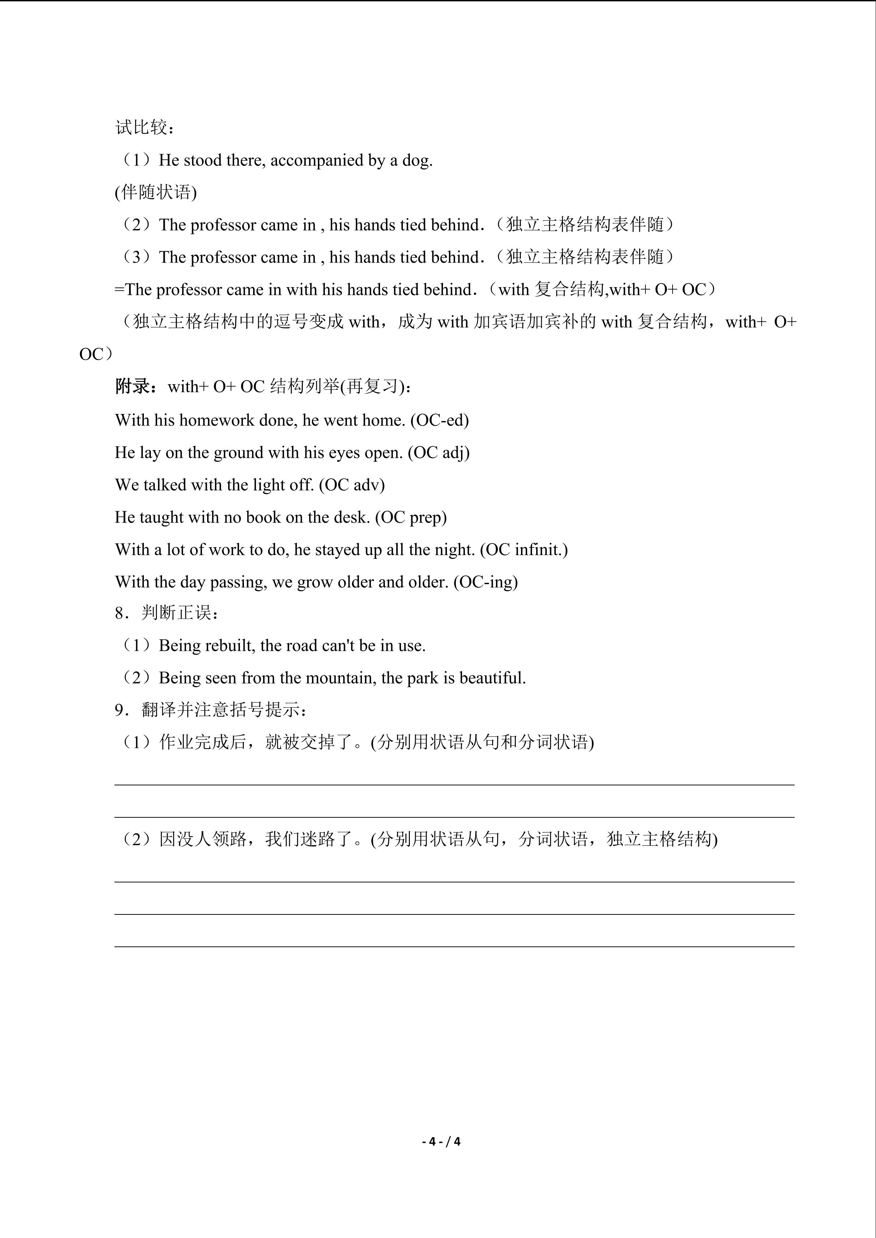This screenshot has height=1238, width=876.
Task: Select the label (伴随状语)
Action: coord(156,193)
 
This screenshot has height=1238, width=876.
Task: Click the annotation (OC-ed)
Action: coord(440,420)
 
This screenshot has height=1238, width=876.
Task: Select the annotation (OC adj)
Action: coord(439,452)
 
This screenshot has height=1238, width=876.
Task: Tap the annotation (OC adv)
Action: coord(352,485)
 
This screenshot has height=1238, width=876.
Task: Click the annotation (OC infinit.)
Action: coord(524,549)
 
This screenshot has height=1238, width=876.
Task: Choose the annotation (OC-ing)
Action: coord(486,582)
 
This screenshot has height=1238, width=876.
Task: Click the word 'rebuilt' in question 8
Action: coord(230,645)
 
